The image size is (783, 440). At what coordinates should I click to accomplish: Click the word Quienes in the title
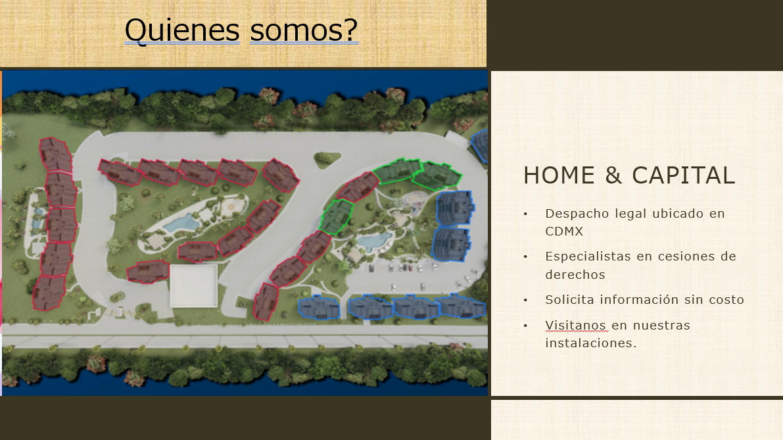click(x=182, y=31)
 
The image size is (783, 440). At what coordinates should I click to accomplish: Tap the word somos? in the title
click(x=304, y=30)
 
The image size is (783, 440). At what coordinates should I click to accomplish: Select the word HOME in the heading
click(x=559, y=176)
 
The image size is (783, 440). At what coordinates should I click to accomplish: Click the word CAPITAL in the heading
click(x=684, y=176)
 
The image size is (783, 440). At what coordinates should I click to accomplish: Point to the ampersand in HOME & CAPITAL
click(x=613, y=176)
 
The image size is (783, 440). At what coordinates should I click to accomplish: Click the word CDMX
click(x=564, y=232)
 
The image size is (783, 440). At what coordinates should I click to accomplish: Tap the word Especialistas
click(x=588, y=257)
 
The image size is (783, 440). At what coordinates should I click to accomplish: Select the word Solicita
click(x=570, y=300)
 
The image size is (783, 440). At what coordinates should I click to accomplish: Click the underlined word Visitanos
click(x=576, y=326)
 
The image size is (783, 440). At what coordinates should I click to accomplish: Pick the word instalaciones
click(x=591, y=343)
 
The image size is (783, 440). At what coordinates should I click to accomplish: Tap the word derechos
click(x=575, y=275)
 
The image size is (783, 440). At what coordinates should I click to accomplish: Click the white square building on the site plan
click(x=194, y=285)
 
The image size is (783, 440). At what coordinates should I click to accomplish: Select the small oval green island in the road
click(x=327, y=159)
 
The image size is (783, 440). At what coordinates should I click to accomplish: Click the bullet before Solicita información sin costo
click(x=525, y=300)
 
